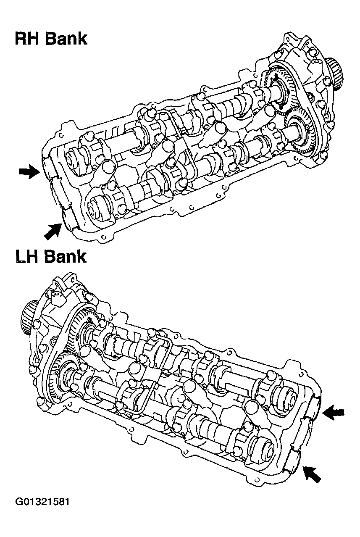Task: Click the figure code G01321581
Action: coord(42,502)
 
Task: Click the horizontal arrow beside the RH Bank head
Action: coord(29,172)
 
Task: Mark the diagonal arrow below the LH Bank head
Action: coord(311,474)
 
